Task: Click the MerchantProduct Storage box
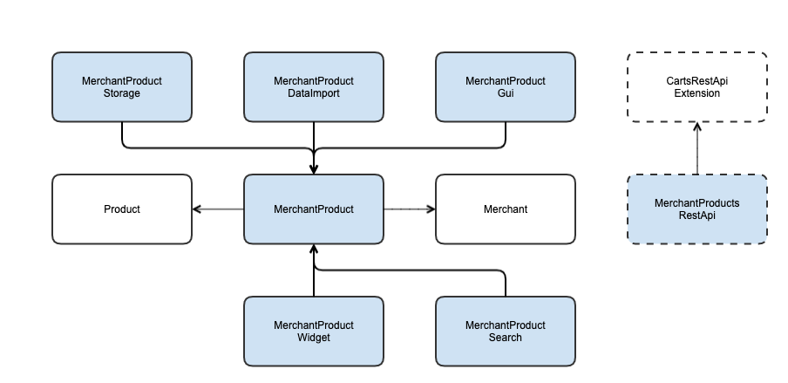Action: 122,87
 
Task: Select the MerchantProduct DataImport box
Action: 314,87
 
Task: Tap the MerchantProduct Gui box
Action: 506,87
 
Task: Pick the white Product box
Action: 122,209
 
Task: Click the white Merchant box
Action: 506,209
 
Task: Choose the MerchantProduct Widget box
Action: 314,332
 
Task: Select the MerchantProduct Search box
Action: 506,332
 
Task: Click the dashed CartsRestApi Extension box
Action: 697,87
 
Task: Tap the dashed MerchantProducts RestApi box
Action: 697,209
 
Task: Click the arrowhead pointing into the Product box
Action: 196,209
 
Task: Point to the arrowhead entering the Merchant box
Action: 431,209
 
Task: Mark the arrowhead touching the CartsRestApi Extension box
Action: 697,127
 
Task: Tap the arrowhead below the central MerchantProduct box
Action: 314,250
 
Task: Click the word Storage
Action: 122,93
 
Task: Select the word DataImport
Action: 314,93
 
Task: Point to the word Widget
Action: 314,338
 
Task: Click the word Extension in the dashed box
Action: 697,93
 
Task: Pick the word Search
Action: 506,338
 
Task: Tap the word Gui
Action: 506,93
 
